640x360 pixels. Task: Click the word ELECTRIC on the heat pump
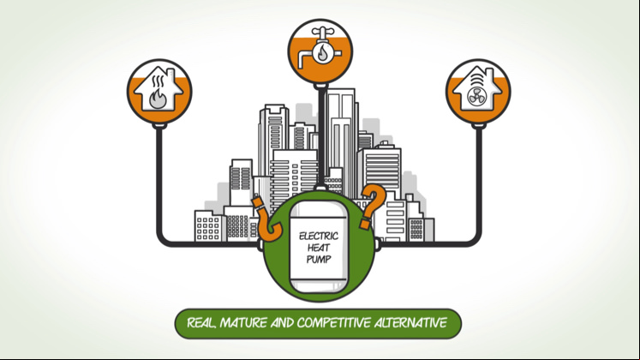click(319, 236)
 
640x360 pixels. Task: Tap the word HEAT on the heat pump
click(319, 248)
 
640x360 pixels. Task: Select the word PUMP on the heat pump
click(319, 259)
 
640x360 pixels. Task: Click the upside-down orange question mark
click(266, 219)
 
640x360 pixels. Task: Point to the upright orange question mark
click(372, 206)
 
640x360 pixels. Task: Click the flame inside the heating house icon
click(158, 99)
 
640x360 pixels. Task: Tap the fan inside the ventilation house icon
click(477, 98)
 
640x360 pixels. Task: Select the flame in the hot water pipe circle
click(322, 53)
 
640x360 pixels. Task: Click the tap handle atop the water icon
click(321, 32)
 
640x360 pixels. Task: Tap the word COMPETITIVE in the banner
click(334, 323)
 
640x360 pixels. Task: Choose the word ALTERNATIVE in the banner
click(410, 323)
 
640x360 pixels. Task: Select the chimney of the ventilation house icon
click(490, 75)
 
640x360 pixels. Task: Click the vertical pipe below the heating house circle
click(159, 182)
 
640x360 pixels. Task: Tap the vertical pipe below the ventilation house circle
click(479, 182)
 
